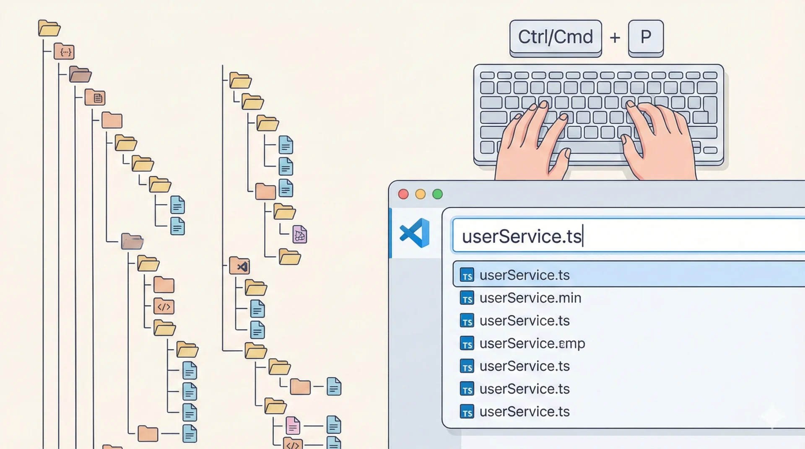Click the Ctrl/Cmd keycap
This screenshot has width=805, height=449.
[x=556, y=37]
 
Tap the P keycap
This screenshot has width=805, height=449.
[x=646, y=37]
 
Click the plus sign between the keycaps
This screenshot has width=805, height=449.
[x=615, y=38]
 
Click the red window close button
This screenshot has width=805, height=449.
[x=403, y=194]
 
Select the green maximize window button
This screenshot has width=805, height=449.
[x=437, y=194]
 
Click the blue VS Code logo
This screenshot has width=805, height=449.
[x=415, y=233]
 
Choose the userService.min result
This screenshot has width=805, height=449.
[x=530, y=298]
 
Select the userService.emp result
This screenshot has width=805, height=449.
[x=532, y=343]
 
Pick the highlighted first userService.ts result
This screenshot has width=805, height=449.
[x=525, y=275]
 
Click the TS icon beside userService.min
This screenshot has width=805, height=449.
[x=467, y=298]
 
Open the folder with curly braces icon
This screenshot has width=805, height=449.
[x=64, y=52]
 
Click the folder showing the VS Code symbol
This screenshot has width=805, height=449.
[x=240, y=266]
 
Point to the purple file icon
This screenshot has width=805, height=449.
[x=299, y=235]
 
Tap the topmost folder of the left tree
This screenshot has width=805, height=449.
[x=49, y=28]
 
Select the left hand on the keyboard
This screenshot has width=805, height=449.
[x=532, y=142]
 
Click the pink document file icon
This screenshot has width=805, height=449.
[x=293, y=426]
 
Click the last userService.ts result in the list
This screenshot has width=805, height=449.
[x=525, y=412]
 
